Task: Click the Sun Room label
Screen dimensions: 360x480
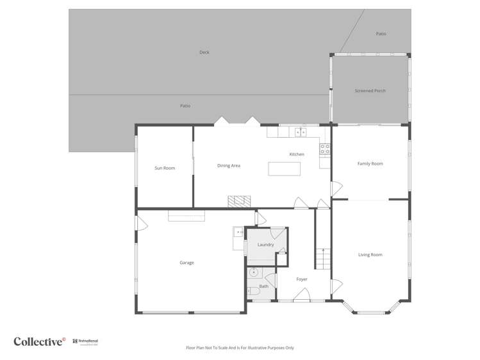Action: (x=165, y=168)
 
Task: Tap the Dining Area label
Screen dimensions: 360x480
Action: (x=229, y=166)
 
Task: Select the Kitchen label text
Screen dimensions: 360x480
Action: (x=297, y=154)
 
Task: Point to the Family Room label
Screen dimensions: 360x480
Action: (x=370, y=164)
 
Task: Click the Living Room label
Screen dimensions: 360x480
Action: (x=370, y=255)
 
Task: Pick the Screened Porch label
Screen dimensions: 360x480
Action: (x=370, y=91)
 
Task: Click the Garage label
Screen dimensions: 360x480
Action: (x=186, y=263)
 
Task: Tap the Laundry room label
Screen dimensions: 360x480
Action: (x=265, y=245)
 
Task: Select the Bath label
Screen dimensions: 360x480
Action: (x=264, y=286)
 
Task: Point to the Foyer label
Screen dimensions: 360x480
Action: (x=302, y=279)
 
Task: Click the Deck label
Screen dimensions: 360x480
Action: (x=204, y=53)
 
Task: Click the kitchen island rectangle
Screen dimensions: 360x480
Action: (x=284, y=169)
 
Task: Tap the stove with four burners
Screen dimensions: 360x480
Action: (x=326, y=149)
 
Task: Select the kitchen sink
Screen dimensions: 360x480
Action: (x=301, y=133)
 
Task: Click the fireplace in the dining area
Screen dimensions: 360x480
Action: (x=240, y=201)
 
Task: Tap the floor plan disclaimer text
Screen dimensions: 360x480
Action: (x=240, y=348)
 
